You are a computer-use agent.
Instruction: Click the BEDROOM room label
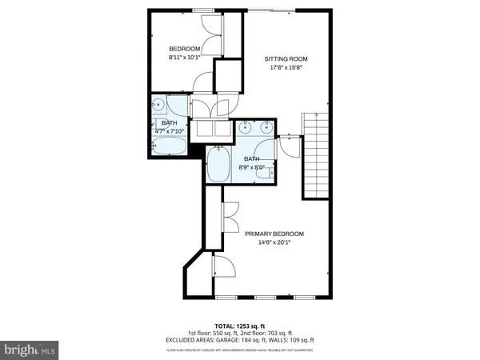tap(184, 49)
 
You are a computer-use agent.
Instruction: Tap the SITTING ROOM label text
tap(286, 59)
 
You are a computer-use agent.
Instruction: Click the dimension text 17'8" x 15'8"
tap(286, 68)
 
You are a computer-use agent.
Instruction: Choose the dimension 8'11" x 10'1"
tap(184, 58)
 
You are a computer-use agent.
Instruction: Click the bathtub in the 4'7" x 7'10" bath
tap(169, 146)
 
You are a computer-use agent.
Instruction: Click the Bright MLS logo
tap(30, 349)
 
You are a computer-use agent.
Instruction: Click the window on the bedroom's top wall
tap(202, 10)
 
